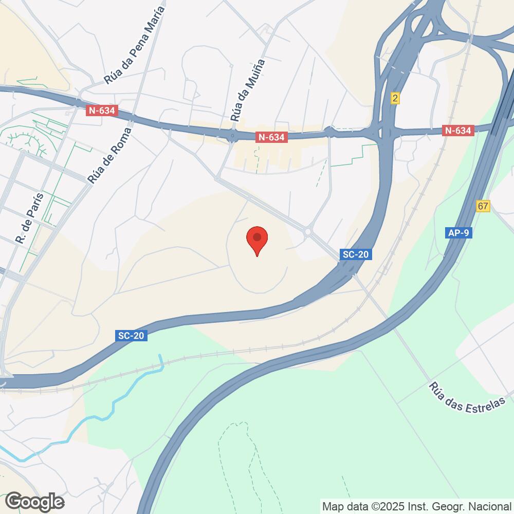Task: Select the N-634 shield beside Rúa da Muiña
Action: tap(271, 137)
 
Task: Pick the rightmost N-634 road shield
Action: tap(457, 131)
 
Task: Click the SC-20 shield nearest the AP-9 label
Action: tap(356, 254)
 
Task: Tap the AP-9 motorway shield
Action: tap(458, 233)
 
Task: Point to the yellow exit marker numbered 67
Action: tap(483, 206)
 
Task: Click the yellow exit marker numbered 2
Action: tap(395, 98)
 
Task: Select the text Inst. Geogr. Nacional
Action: tap(462, 506)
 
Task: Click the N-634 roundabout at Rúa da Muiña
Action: tap(232, 136)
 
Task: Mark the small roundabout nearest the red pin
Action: tap(308, 232)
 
